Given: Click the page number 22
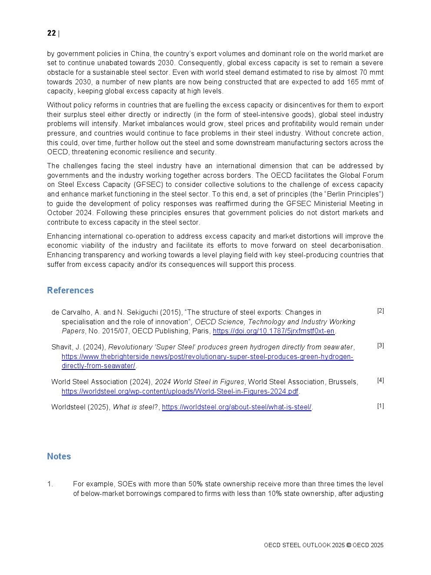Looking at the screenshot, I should click(x=51, y=33).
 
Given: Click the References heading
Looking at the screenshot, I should click(x=70, y=290).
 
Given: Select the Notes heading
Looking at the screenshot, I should click(x=59, y=456).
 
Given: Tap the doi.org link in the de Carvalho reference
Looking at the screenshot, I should click(x=274, y=331).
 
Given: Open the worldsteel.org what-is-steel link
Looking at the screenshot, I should click(x=237, y=407).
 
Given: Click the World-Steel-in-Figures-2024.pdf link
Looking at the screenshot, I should click(x=180, y=391).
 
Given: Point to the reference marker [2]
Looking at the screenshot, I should click(x=381, y=311).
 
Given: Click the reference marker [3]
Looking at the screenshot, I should click(x=381, y=346).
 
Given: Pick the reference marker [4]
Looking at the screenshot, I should click(x=381, y=380).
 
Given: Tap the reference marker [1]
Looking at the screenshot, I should click(x=381, y=406).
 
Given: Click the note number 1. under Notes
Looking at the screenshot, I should click(x=50, y=484).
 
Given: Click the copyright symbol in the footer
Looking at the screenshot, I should click(x=348, y=545).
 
